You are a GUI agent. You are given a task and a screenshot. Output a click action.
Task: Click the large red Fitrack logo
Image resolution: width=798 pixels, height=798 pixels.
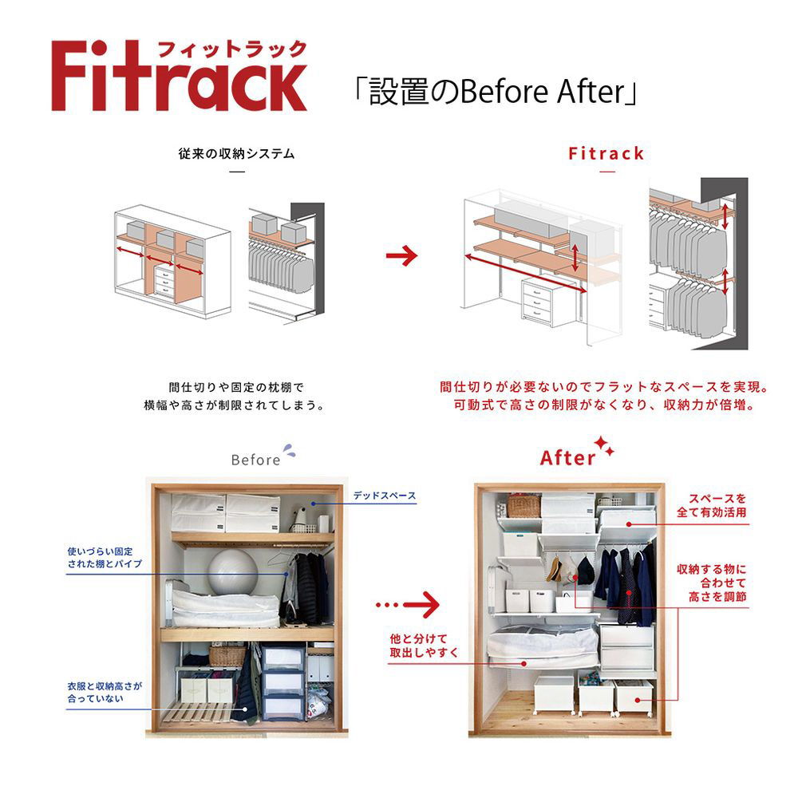(179, 77)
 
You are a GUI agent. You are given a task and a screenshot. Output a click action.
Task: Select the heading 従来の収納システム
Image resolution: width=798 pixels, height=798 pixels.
(236, 153)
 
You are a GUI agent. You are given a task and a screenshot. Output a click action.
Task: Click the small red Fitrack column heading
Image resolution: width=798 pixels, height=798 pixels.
(606, 153)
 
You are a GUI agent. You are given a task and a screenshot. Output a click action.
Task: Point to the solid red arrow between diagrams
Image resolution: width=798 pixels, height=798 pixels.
(402, 256)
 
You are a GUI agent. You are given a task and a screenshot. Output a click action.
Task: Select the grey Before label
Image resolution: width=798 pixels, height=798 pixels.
(256, 460)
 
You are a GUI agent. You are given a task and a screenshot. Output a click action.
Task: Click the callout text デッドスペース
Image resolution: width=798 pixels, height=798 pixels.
(385, 496)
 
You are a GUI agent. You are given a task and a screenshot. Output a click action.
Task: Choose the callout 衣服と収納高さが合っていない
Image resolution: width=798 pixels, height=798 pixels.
(105, 692)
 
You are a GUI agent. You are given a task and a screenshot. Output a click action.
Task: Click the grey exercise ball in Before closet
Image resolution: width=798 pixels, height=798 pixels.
(233, 569)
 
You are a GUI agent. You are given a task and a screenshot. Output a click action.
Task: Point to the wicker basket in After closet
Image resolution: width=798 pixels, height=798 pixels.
(523, 506)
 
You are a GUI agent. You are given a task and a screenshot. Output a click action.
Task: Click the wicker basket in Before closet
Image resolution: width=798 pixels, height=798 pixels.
(227, 655)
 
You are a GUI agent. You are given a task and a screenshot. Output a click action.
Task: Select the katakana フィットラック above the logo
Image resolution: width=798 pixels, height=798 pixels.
(231, 49)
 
